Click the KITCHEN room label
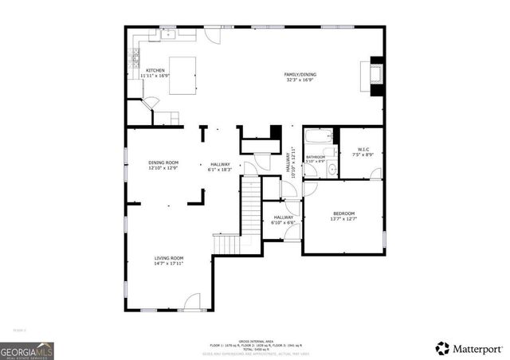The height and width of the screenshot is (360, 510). [x=155, y=70]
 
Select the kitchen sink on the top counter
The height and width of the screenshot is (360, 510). [x=168, y=35]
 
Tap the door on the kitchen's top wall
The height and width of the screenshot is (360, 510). [x=210, y=34]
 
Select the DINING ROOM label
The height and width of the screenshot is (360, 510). [x=163, y=162]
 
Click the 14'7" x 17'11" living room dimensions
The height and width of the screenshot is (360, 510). [x=168, y=264]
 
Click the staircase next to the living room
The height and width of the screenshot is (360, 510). [x=250, y=215]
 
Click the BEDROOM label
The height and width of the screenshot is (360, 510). [x=343, y=213]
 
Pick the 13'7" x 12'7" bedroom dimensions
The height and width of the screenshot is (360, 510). [x=343, y=219]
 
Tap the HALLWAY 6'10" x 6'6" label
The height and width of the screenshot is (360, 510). [x=284, y=219]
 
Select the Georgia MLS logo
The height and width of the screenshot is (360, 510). [x=27, y=350]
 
